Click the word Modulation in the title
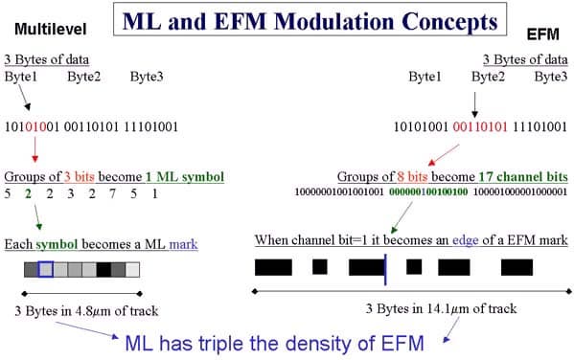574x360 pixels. [334, 21]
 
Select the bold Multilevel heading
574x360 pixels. [51, 30]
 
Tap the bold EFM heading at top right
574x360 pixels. [543, 34]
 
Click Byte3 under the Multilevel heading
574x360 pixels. [147, 77]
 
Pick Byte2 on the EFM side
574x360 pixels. [488, 77]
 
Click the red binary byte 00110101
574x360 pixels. [480, 127]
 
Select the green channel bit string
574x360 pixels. [428, 191]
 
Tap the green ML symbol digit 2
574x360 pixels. [28, 193]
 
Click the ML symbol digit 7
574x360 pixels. [112, 193]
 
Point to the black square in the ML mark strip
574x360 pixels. [103, 270]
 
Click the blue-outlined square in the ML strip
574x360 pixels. [46, 269]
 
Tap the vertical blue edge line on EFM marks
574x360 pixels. [385, 270]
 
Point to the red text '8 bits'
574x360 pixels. [412, 177]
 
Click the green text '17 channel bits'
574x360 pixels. [523, 177]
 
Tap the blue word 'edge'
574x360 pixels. [466, 240]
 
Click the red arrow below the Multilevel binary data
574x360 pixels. [35, 149]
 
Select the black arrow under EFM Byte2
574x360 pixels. [474, 105]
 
